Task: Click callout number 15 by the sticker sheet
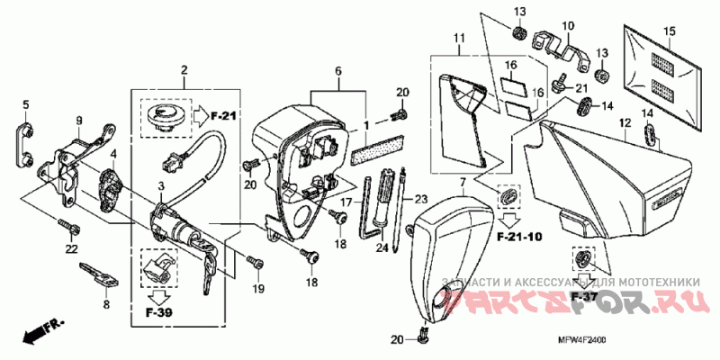pyautogui.click(x=669, y=32)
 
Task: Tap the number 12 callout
pyautogui.click(x=624, y=121)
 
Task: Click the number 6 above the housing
pyautogui.click(x=339, y=69)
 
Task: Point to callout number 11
pyautogui.click(x=459, y=38)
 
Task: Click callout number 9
pyautogui.click(x=79, y=121)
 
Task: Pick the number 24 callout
pyautogui.click(x=382, y=247)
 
